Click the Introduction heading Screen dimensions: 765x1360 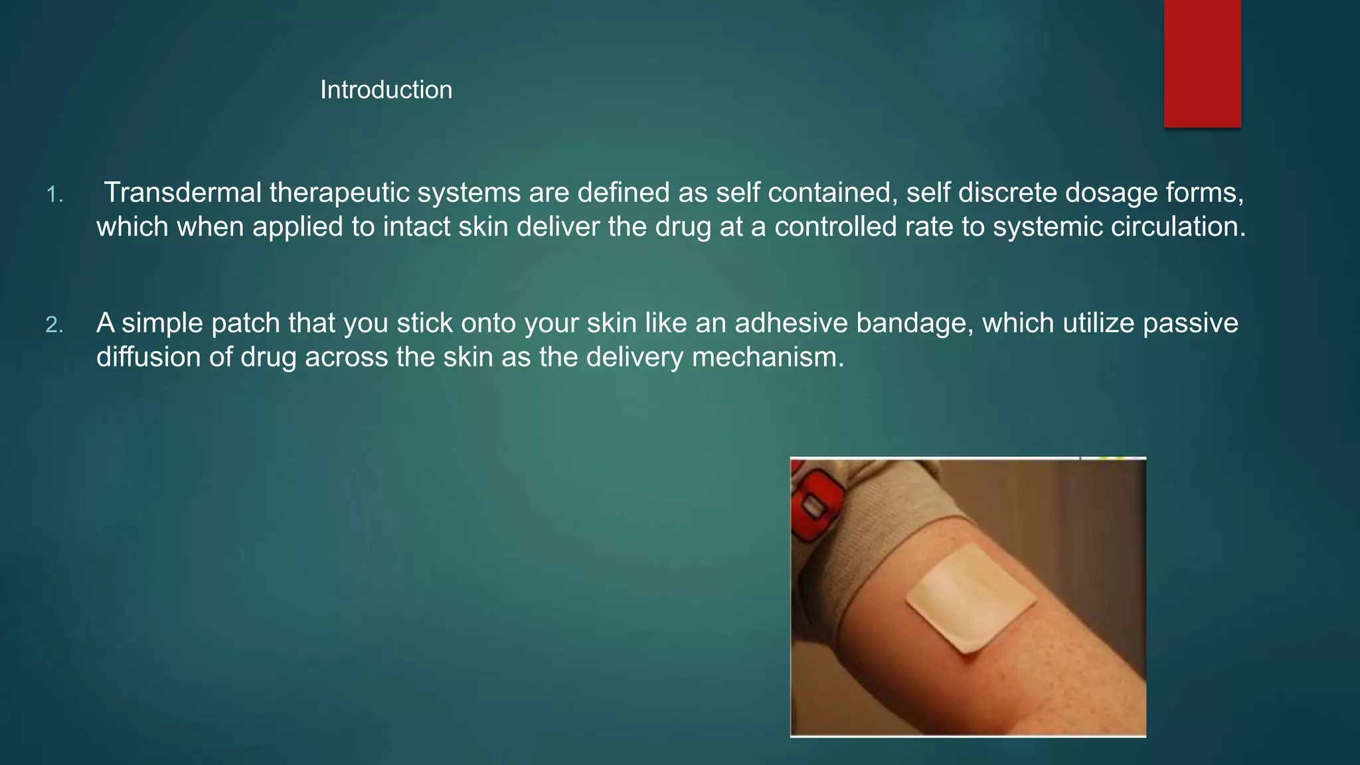click(x=386, y=90)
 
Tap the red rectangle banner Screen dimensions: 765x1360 click(x=1202, y=63)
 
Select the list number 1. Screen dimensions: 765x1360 click(x=54, y=195)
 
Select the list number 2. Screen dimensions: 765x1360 click(x=54, y=325)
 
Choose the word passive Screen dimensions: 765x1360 click(x=1190, y=323)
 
